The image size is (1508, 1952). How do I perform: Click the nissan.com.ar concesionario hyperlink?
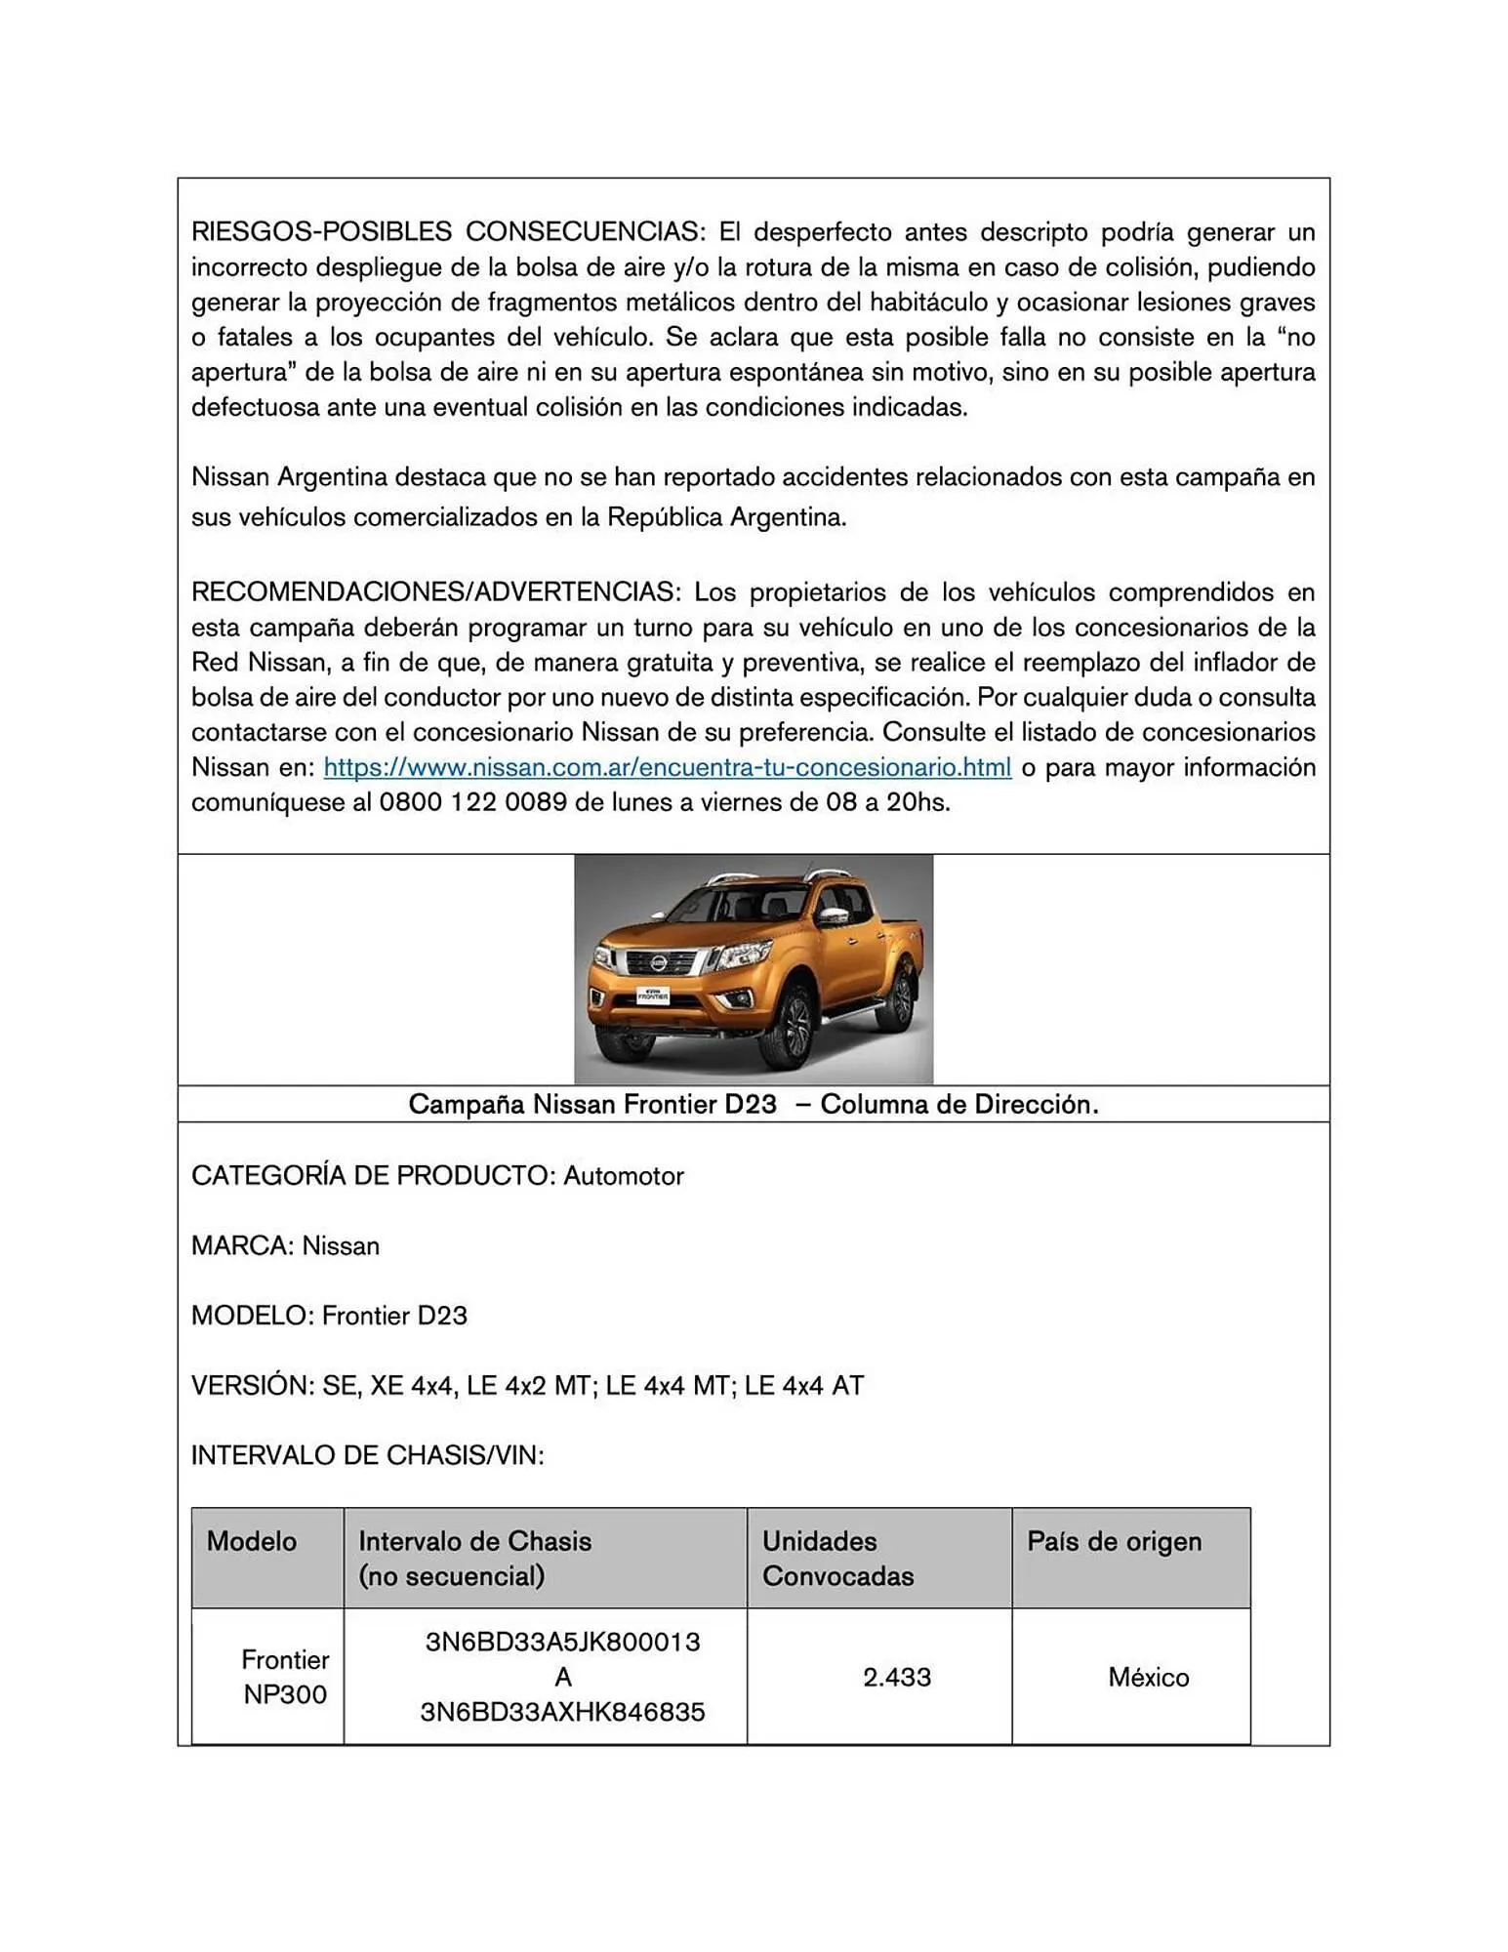[667, 768]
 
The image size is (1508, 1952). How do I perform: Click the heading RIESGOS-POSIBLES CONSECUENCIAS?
[446, 232]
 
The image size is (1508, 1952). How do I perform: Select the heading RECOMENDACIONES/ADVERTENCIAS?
[433, 592]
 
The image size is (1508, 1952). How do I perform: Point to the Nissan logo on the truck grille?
[661, 964]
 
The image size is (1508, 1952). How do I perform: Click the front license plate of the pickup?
[652, 996]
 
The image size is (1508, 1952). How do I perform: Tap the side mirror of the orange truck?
[832, 916]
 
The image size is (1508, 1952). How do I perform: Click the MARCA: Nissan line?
[285, 1246]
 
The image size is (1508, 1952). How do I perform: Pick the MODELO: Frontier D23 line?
[329, 1316]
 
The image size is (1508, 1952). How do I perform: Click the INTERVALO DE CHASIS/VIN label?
[367, 1456]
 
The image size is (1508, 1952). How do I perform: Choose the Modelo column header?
[252, 1542]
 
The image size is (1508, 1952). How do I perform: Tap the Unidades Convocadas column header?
[837, 1559]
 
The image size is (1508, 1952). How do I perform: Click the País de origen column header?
[1114, 1542]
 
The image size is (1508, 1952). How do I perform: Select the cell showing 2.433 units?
[896, 1678]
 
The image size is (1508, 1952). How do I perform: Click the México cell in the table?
[1148, 1678]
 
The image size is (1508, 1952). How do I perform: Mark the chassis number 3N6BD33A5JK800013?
[562, 1643]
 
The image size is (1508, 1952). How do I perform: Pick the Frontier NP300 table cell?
[284, 1678]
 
